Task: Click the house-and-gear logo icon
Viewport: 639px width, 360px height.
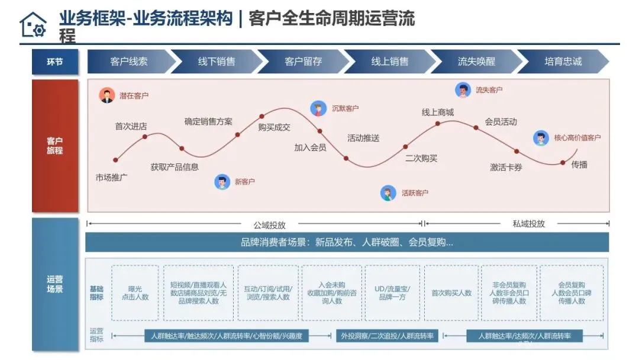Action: pos(33,24)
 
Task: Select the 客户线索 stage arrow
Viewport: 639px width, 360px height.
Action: pos(129,62)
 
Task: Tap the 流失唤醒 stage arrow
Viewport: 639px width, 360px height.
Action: pos(476,62)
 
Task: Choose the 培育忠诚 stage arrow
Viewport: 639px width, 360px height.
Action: pos(563,62)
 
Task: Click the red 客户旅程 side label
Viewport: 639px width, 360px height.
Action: pos(55,146)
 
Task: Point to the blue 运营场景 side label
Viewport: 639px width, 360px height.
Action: pos(55,284)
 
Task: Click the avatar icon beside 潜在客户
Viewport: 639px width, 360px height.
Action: pos(107,95)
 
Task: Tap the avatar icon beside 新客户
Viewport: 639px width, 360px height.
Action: pos(222,182)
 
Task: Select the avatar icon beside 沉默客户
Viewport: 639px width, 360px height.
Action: pos(318,108)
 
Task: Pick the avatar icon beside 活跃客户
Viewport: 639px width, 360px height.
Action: pos(388,193)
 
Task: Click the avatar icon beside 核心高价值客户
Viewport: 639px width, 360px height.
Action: pos(541,138)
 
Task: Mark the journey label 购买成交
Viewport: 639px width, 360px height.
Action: pos(274,127)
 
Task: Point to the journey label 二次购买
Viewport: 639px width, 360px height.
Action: pos(421,158)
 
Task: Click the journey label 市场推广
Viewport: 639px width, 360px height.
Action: pos(112,177)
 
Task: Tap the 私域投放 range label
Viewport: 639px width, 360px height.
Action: pos(528,224)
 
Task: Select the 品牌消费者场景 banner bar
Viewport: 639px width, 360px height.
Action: pos(347,242)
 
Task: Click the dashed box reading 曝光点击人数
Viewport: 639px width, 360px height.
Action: pos(135,292)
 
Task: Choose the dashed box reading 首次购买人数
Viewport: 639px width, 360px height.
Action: pos(451,292)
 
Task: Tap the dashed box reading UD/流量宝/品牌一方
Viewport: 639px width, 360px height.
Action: pos(392,292)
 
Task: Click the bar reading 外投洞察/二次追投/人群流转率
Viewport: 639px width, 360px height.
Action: pos(387,336)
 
